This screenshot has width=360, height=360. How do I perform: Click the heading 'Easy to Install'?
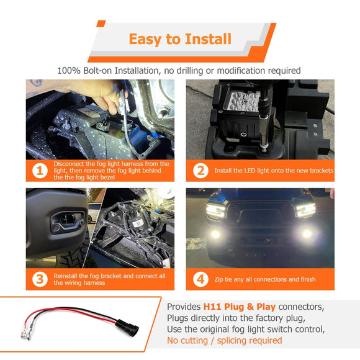[x=180, y=40]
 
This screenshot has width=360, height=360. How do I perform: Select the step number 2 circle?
[x=200, y=170]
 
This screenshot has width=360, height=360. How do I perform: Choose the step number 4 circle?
[x=200, y=279]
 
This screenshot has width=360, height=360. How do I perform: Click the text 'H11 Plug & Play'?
[x=238, y=307]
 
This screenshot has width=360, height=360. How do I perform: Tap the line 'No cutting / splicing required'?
[x=224, y=340]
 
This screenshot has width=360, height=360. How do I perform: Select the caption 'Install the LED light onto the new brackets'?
[x=273, y=170]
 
